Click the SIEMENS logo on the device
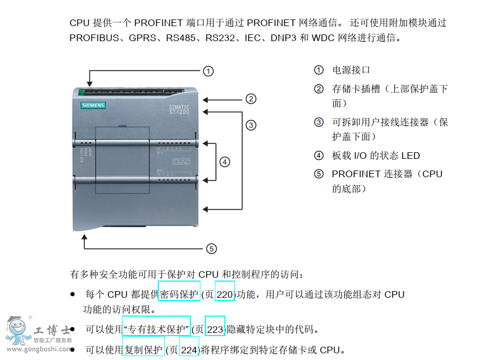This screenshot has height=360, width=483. coord(93,106)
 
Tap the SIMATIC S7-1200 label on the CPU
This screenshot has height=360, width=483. coord(179,109)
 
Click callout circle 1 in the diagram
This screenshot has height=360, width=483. coord(208,71)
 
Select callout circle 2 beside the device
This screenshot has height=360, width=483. coord(251,99)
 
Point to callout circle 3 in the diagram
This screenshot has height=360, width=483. coord(251,125)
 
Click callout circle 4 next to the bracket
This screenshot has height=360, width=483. coord(225,162)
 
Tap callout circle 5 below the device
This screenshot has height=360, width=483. coord(212,249)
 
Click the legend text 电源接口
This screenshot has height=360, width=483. coord(351,70)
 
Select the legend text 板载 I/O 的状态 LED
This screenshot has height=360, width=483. coord(376,156)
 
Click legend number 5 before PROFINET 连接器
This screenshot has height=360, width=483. coord(319,174)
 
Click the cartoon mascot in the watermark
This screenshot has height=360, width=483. coord(18,331)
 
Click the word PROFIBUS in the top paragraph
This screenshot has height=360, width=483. coord(94,38)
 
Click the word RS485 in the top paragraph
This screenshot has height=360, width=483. coord(180,38)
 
